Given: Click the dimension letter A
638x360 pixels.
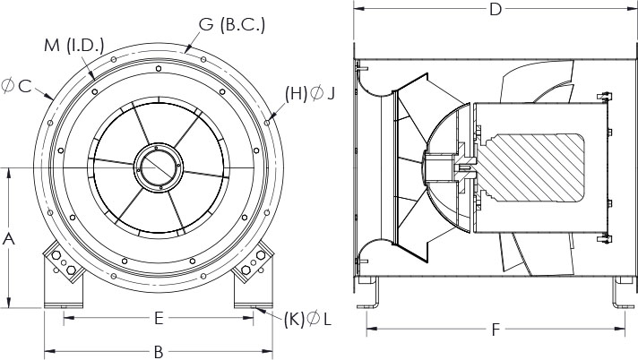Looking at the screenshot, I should point(9,238).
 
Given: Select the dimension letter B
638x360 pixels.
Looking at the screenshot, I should point(158,349).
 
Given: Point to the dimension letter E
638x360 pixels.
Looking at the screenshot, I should point(158,317).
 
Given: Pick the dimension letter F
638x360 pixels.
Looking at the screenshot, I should point(495,330).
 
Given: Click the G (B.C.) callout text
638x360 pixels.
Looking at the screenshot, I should point(231,25).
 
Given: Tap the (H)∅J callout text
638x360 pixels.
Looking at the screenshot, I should point(309,92).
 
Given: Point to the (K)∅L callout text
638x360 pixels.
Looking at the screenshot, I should point(306,318).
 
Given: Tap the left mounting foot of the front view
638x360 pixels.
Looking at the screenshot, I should point(65,276).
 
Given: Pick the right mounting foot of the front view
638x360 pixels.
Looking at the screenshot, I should point(253,276).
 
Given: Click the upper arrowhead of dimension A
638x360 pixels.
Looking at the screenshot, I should point(9,172).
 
